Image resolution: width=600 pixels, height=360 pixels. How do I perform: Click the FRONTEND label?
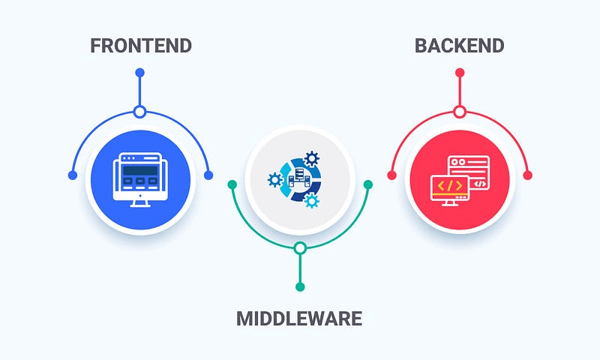coord(140,45)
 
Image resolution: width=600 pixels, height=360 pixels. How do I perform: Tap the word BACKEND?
coord(460,45)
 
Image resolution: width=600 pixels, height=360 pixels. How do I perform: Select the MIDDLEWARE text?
coord(299,319)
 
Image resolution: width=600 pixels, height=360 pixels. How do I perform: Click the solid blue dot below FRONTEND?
coord(139,73)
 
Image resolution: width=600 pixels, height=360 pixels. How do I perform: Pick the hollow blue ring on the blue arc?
coord(139,112)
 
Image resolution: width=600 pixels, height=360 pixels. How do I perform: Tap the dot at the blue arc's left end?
coord(72,175)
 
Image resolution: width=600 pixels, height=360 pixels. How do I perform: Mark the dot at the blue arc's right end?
coord(208,175)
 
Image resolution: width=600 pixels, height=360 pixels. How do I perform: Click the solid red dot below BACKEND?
coord(460,73)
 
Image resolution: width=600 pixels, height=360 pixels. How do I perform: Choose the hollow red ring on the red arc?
coord(460,112)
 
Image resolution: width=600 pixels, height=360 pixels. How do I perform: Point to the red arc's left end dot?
coord(391,175)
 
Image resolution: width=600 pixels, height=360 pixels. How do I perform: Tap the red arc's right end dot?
coord(527,175)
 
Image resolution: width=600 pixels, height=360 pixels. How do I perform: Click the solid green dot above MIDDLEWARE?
coord(300,286)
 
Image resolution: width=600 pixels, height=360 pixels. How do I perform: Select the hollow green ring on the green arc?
coord(300,247)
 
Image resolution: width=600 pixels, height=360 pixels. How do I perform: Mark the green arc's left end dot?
coord(232,184)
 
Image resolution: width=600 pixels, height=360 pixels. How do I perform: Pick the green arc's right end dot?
coord(368,184)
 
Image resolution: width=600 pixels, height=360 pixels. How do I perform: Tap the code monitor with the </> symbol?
coord(449,188)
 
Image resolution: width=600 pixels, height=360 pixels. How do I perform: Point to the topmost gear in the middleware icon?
coord(312,159)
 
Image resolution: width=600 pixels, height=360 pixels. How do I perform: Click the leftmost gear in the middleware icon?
coord(275,179)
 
